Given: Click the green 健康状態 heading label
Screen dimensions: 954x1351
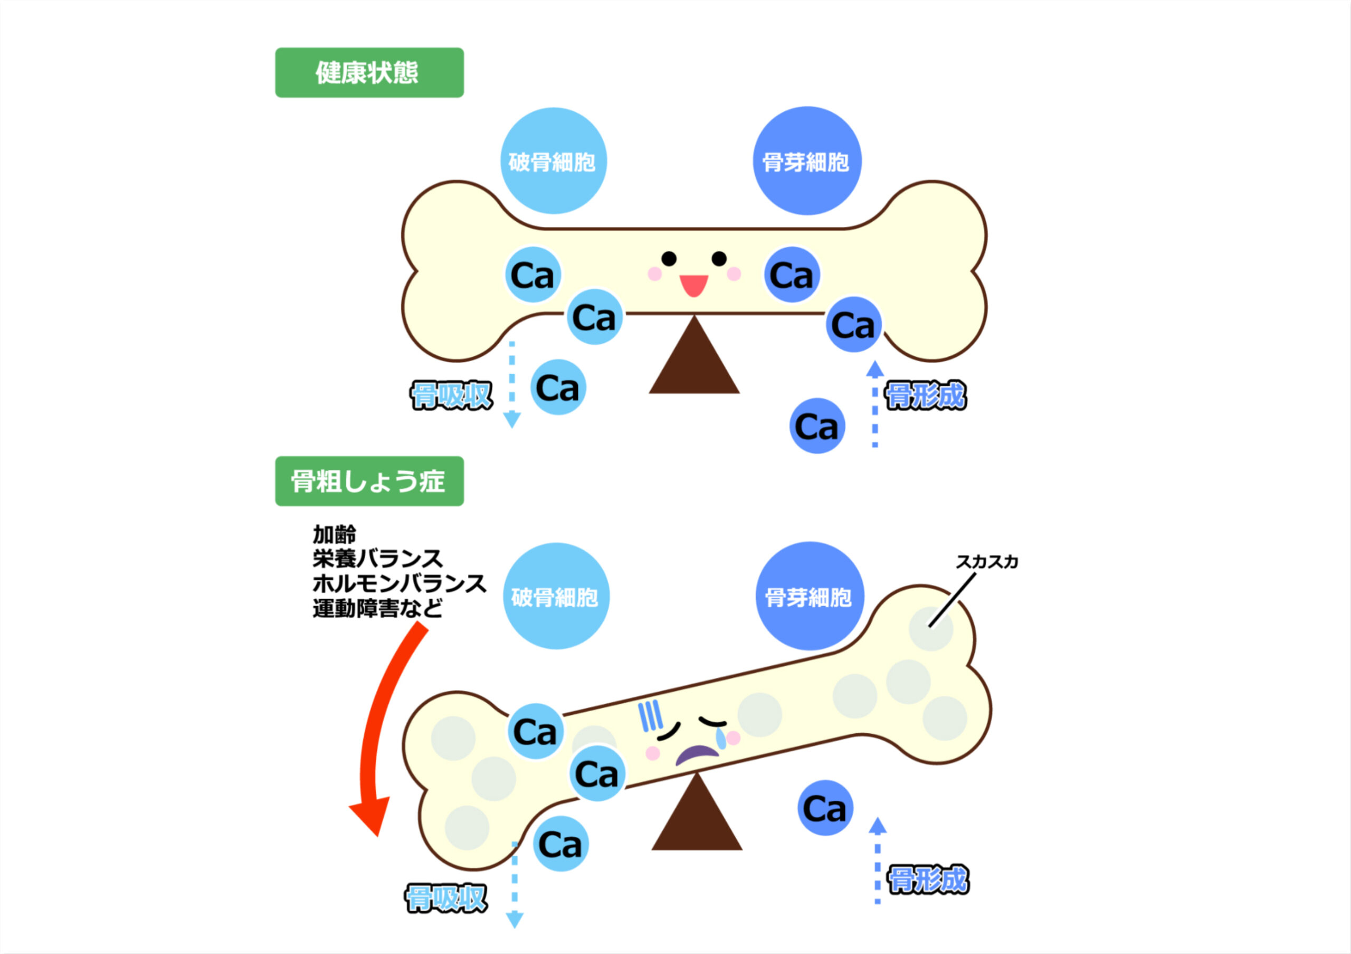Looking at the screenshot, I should [x=369, y=72].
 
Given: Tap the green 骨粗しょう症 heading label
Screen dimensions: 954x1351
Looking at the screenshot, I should [x=369, y=481].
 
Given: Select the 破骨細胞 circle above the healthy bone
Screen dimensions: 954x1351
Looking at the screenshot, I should [x=553, y=160].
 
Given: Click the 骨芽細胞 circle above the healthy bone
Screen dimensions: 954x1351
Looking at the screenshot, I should [x=807, y=160].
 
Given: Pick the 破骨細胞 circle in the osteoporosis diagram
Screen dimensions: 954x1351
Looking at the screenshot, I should [x=556, y=596].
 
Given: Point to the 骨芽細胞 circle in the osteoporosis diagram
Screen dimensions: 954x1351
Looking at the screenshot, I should [x=810, y=596].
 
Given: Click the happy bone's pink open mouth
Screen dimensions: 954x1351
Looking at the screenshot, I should [x=694, y=286].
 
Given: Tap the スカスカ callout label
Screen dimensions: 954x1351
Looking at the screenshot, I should [x=987, y=562].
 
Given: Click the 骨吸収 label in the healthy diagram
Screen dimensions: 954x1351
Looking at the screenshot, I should [x=451, y=395].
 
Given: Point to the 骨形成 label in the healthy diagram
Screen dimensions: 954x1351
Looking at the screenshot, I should [x=926, y=395].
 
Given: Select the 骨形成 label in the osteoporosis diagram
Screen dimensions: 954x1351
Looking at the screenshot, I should [x=928, y=880].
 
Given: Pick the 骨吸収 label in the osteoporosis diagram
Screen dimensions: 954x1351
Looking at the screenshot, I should [x=446, y=899].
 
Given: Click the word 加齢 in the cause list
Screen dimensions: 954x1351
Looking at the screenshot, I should [x=334, y=534].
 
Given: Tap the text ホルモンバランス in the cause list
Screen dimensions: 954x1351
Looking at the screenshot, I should [x=399, y=584].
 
